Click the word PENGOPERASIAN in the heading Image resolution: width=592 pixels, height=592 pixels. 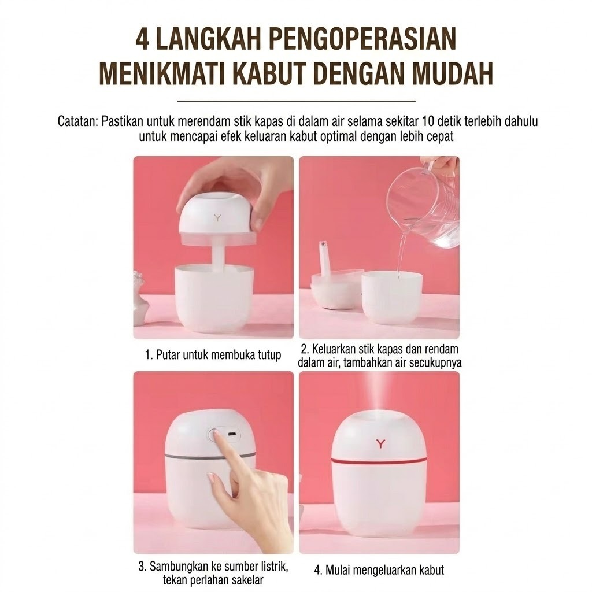363,39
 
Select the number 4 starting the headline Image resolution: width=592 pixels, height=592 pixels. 142,39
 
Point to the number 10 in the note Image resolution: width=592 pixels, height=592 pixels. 429,121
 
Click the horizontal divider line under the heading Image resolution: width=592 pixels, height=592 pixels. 297,101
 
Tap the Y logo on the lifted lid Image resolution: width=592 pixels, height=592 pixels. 217,217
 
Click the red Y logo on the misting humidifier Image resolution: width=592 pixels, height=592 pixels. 380,443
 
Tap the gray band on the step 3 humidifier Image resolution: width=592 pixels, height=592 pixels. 210,457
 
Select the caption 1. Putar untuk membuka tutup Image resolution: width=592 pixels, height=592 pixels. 213,355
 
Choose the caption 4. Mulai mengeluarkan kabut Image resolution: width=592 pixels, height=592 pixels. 379,569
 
